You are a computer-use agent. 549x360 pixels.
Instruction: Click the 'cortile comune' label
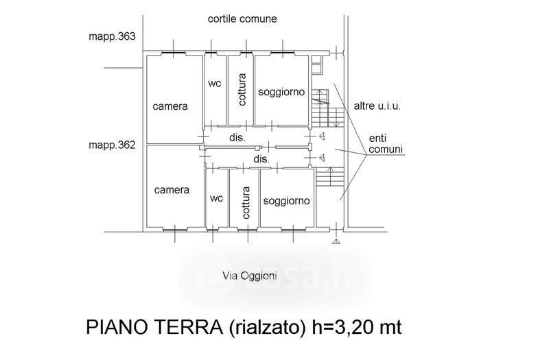click(242, 19)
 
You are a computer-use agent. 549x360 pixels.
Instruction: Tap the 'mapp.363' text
click(112, 36)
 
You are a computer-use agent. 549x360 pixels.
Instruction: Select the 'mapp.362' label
click(112, 145)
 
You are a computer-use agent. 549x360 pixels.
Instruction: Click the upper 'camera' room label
click(170, 106)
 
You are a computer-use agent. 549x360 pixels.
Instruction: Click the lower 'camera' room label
click(172, 190)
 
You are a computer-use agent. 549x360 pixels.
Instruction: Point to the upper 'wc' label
click(215, 84)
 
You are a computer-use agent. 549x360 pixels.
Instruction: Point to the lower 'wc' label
click(216, 198)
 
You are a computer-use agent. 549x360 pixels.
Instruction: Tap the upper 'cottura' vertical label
click(242, 90)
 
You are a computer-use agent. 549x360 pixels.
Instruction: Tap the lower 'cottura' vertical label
click(246, 202)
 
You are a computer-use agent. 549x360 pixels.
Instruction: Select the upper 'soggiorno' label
click(281, 92)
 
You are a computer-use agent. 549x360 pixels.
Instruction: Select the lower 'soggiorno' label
click(286, 201)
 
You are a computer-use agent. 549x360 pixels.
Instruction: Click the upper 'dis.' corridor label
click(237, 138)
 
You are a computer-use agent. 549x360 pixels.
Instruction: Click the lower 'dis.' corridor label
click(261, 160)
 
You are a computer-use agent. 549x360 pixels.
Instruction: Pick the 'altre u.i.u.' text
click(377, 106)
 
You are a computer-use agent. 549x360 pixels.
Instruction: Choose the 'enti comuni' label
click(386, 144)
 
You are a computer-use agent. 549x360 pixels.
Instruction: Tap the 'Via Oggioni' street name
click(250, 276)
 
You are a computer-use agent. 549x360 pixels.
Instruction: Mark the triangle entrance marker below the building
click(336, 241)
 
